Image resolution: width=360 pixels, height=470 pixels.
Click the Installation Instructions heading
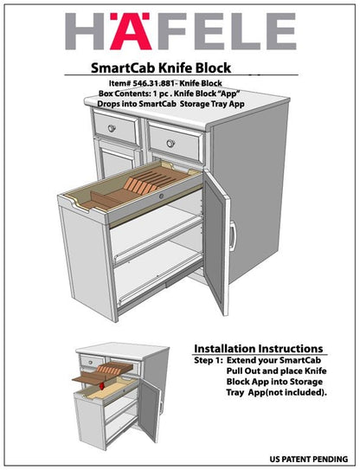click(x=258, y=348)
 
